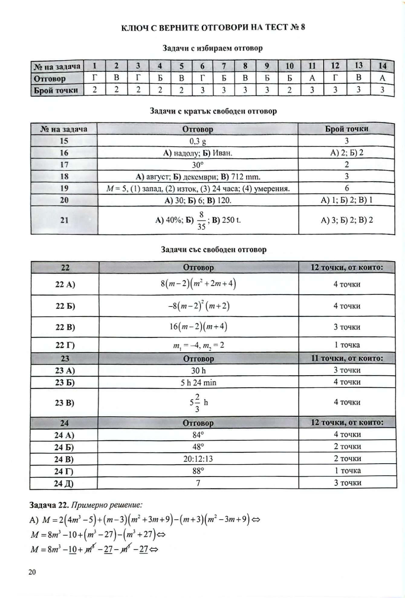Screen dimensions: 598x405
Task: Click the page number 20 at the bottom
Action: pyautogui.click(x=32, y=572)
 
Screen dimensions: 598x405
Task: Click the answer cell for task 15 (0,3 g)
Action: pyautogui.click(x=198, y=141)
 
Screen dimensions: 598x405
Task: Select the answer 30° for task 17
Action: pyautogui.click(x=198, y=165)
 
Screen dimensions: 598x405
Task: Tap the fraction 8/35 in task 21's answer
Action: pyautogui.click(x=201, y=220)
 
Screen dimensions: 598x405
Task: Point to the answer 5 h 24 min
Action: pyautogui.click(x=198, y=383)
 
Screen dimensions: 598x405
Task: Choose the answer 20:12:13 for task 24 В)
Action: pyautogui.click(x=198, y=459)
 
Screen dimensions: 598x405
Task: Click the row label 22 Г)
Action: pyautogui.click(x=65, y=345)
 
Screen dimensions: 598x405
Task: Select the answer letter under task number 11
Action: pyautogui.click(x=312, y=78)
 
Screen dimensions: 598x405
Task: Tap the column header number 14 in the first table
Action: pyautogui.click(x=382, y=66)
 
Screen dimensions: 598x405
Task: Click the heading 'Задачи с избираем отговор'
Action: pyautogui.click(x=212, y=48)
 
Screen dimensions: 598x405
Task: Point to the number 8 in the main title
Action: pyautogui.click(x=303, y=28)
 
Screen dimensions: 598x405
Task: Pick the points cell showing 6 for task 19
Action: pyautogui.click(x=347, y=188)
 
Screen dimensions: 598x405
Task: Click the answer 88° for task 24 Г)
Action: pyautogui.click(x=198, y=471)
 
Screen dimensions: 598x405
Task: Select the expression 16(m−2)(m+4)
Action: pyautogui.click(x=198, y=327)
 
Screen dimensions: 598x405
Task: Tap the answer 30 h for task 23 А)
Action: pyautogui.click(x=198, y=370)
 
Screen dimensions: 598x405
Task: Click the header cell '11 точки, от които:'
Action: pyautogui.click(x=347, y=359)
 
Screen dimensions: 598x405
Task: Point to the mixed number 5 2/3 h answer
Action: pyautogui.click(x=198, y=402)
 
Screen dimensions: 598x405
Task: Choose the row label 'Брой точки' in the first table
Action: pyautogui.click(x=56, y=90)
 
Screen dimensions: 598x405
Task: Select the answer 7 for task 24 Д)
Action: pyautogui.click(x=198, y=483)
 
